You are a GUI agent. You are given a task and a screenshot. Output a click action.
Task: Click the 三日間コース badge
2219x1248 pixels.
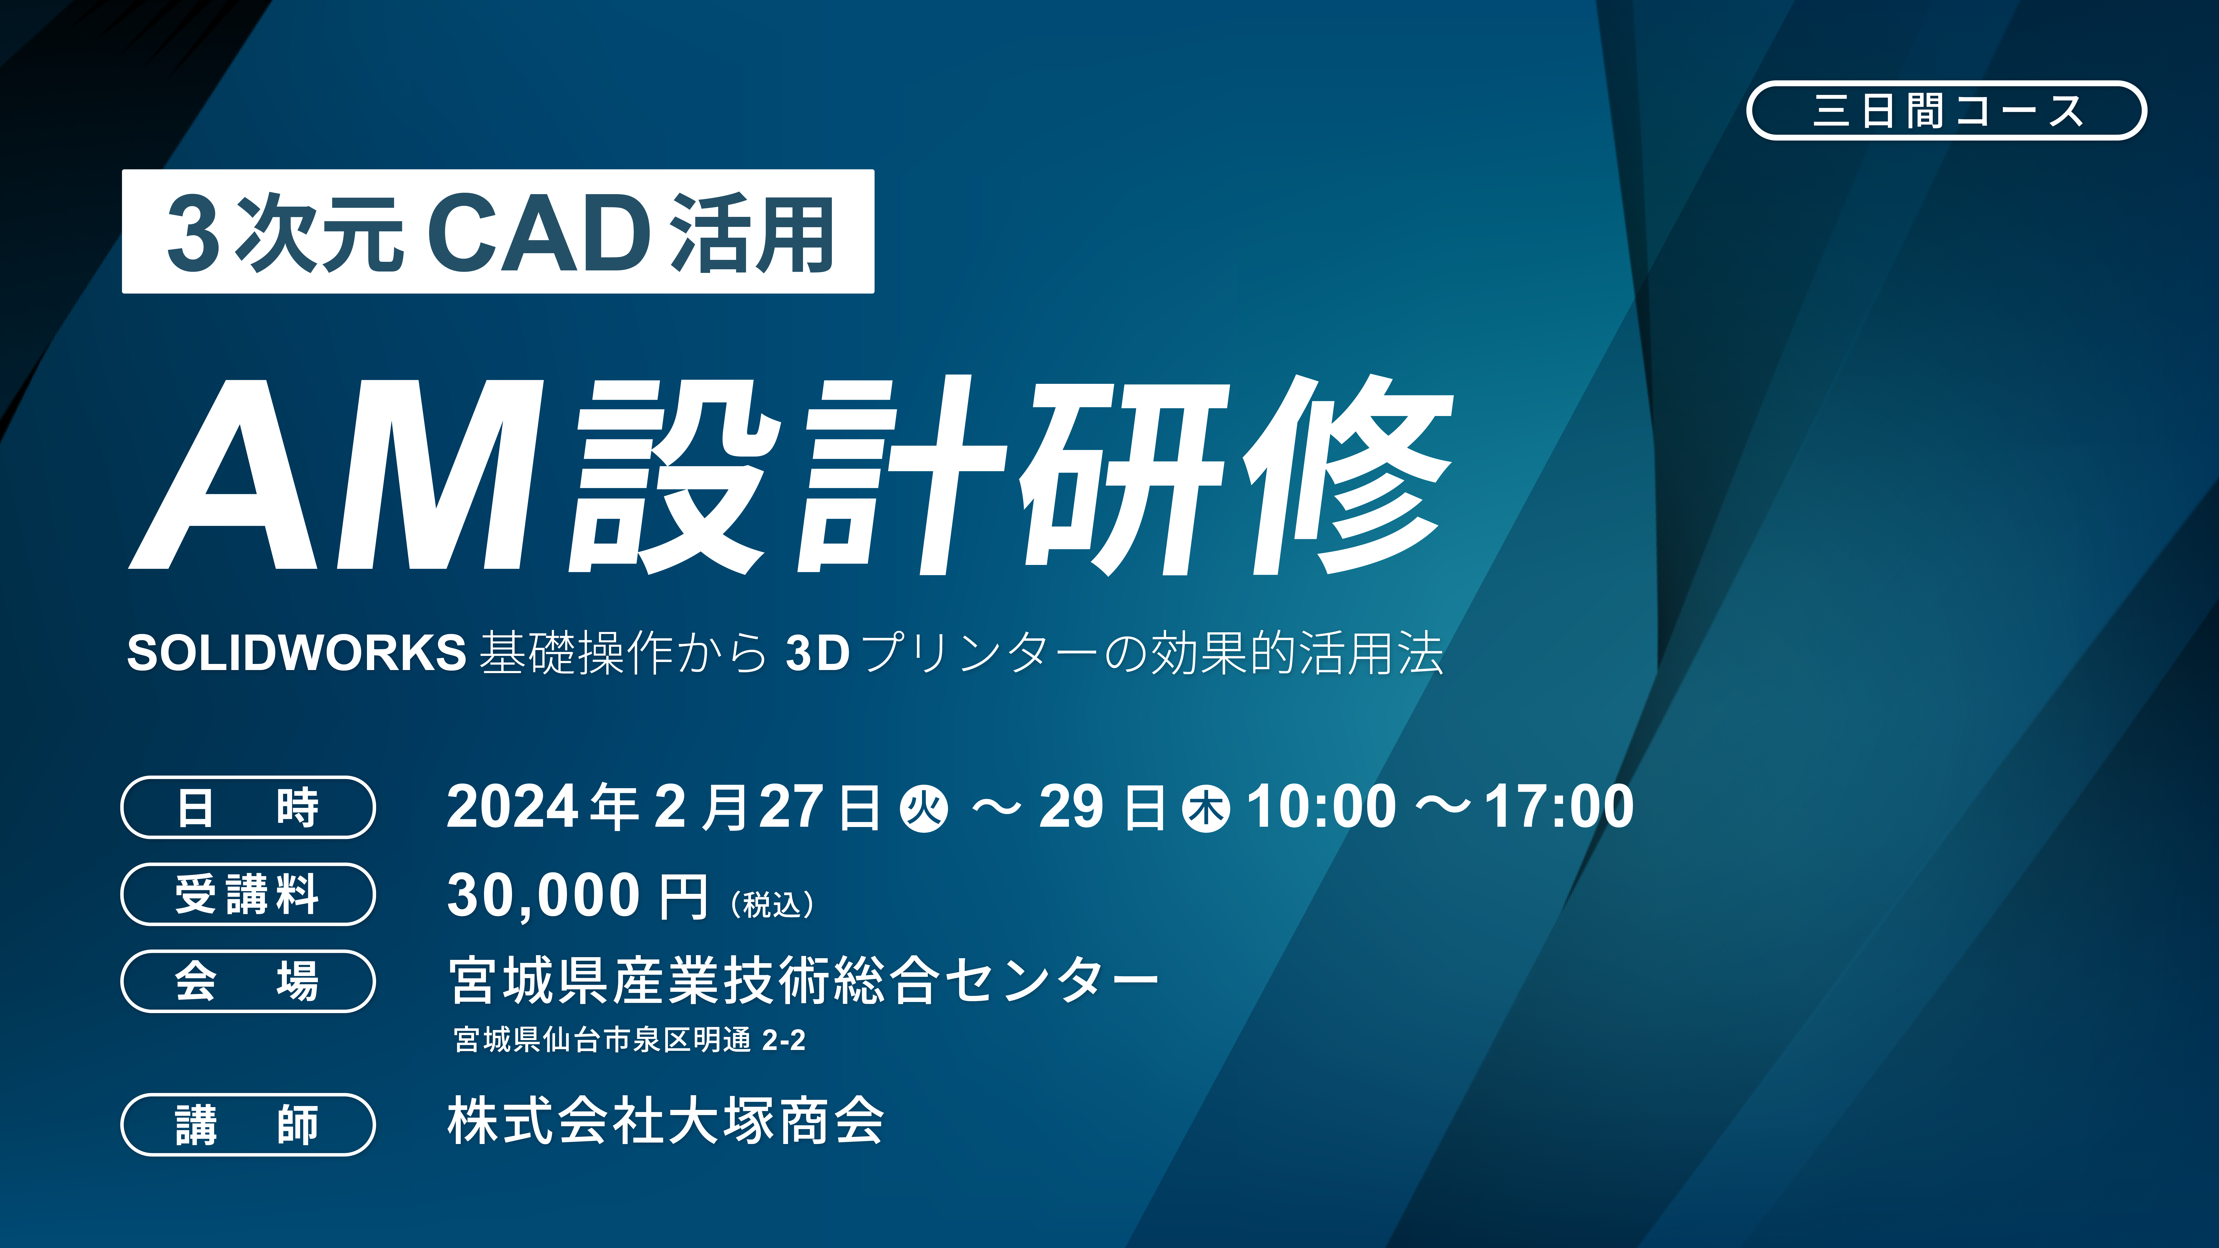point(1946,110)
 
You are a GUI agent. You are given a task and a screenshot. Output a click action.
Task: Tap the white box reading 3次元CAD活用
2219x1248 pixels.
point(498,232)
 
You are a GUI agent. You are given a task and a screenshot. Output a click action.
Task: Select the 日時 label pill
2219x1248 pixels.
point(248,807)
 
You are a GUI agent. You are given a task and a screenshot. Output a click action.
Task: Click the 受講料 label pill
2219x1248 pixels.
point(248,894)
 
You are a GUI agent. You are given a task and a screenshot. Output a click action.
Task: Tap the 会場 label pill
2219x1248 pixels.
point(248,981)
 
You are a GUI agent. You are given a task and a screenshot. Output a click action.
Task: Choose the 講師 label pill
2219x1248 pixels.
point(248,1124)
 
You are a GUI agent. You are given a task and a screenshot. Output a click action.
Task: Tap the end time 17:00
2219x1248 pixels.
point(1559,807)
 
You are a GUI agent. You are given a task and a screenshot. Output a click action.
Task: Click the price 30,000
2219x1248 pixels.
point(543,896)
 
